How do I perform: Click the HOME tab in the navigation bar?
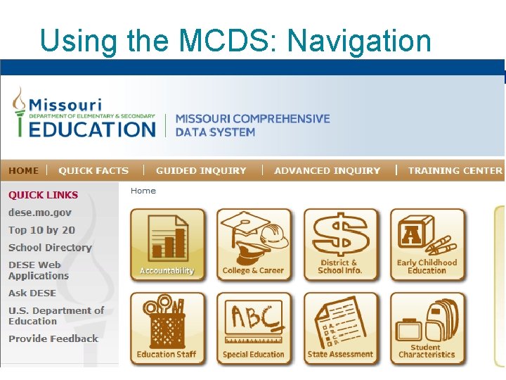click(24, 170)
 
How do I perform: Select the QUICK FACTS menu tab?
click(93, 170)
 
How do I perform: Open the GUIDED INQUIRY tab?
click(201, 170)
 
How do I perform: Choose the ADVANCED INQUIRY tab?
click(327, 170)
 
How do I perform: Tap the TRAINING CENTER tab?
click(455, 170)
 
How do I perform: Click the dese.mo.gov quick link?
click(40, 213)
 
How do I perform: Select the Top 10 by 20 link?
click(41, 230)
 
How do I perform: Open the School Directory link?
click(50, 248)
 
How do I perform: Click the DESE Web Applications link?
click(38, 270)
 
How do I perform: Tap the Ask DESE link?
click(32, 293)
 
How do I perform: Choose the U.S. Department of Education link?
click(56, 315)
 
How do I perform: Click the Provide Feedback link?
click(53, 338)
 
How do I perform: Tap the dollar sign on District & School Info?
click(340, 235)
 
